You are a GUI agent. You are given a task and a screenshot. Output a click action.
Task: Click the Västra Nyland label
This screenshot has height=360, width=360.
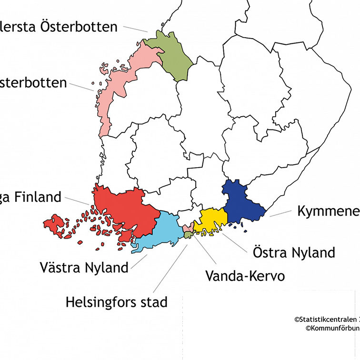click(x=84, y=267)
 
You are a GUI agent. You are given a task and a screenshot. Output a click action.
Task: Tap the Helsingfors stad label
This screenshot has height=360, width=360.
click(x=116, y=301)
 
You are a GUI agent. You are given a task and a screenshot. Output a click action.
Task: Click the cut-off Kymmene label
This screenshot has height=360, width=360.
click(x=328, y=211)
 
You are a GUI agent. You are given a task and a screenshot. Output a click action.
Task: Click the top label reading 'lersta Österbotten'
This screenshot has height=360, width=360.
click(x=59, y=27)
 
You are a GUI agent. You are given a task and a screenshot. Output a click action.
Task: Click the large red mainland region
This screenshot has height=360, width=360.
click(x=126, y=210)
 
